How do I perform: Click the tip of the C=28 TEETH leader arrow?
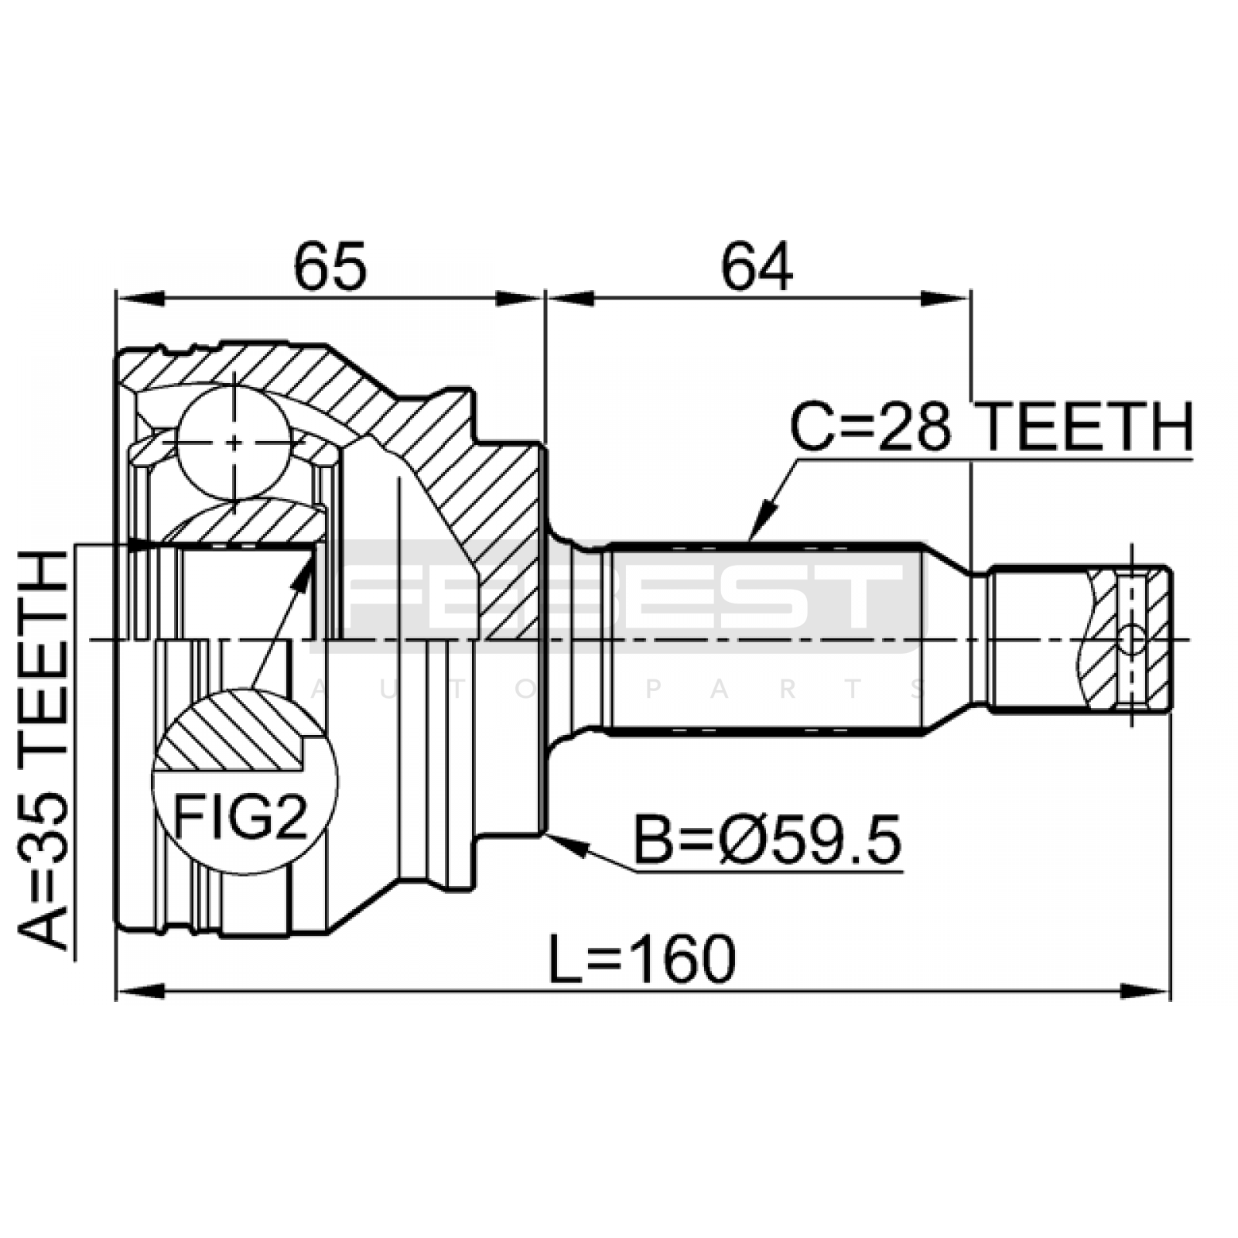click(x=751, y=539)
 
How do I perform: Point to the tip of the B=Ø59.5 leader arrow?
click(x=546, y=834)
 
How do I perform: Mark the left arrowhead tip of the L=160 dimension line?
click(x=116, y=990)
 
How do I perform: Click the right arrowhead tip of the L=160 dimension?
click(x=1171, y=990)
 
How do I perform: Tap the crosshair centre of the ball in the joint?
click(x=234, y=442)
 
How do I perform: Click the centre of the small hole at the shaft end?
click(x=1132, y=639)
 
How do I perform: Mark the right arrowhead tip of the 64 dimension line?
click(x=970, y=299)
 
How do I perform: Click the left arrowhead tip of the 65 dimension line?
click(x=116, y=299)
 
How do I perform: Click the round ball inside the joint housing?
click(x=234, y=442)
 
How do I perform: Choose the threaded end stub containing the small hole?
click(x=1080, y=638)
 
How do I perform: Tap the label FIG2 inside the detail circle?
click(x=241, y=817)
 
